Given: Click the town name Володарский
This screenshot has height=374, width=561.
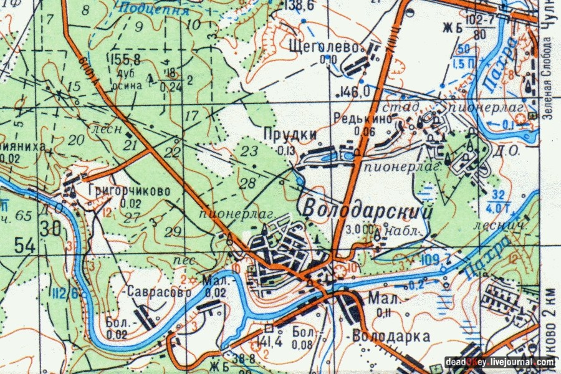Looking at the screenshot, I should [368, 209].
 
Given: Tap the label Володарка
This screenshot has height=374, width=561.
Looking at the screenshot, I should [391, 337].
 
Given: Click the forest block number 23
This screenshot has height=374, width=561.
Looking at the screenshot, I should [249, 150].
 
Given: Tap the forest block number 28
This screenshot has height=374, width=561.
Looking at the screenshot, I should [247, 183].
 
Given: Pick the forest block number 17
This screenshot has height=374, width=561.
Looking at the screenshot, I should [191, 115].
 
